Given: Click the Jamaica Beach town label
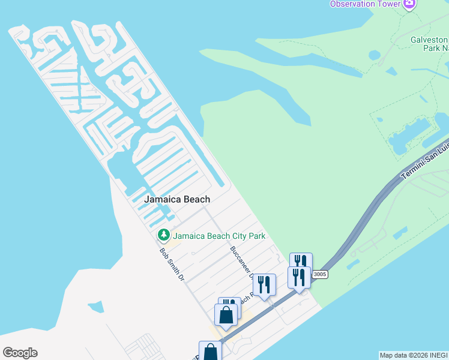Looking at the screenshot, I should (x=177, y=199).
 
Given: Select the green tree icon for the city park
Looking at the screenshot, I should (x=163, y=235).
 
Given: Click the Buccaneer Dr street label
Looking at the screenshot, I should (x=241, y=262).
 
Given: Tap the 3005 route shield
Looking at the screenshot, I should (x=320, y=274).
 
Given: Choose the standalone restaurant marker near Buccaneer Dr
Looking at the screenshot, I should (x=264, y=284).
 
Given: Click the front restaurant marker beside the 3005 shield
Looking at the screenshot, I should (x=299, y=278).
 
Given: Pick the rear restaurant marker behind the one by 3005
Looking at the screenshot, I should (x=301, y=262).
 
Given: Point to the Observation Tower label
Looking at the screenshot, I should (x=364, y=4).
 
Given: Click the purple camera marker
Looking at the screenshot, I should (x=409, y=4).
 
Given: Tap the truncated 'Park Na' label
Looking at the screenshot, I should (x=435, y=48).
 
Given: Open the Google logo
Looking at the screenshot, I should (x=20, y=353).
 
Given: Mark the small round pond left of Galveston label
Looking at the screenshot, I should (x=375, y=55).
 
